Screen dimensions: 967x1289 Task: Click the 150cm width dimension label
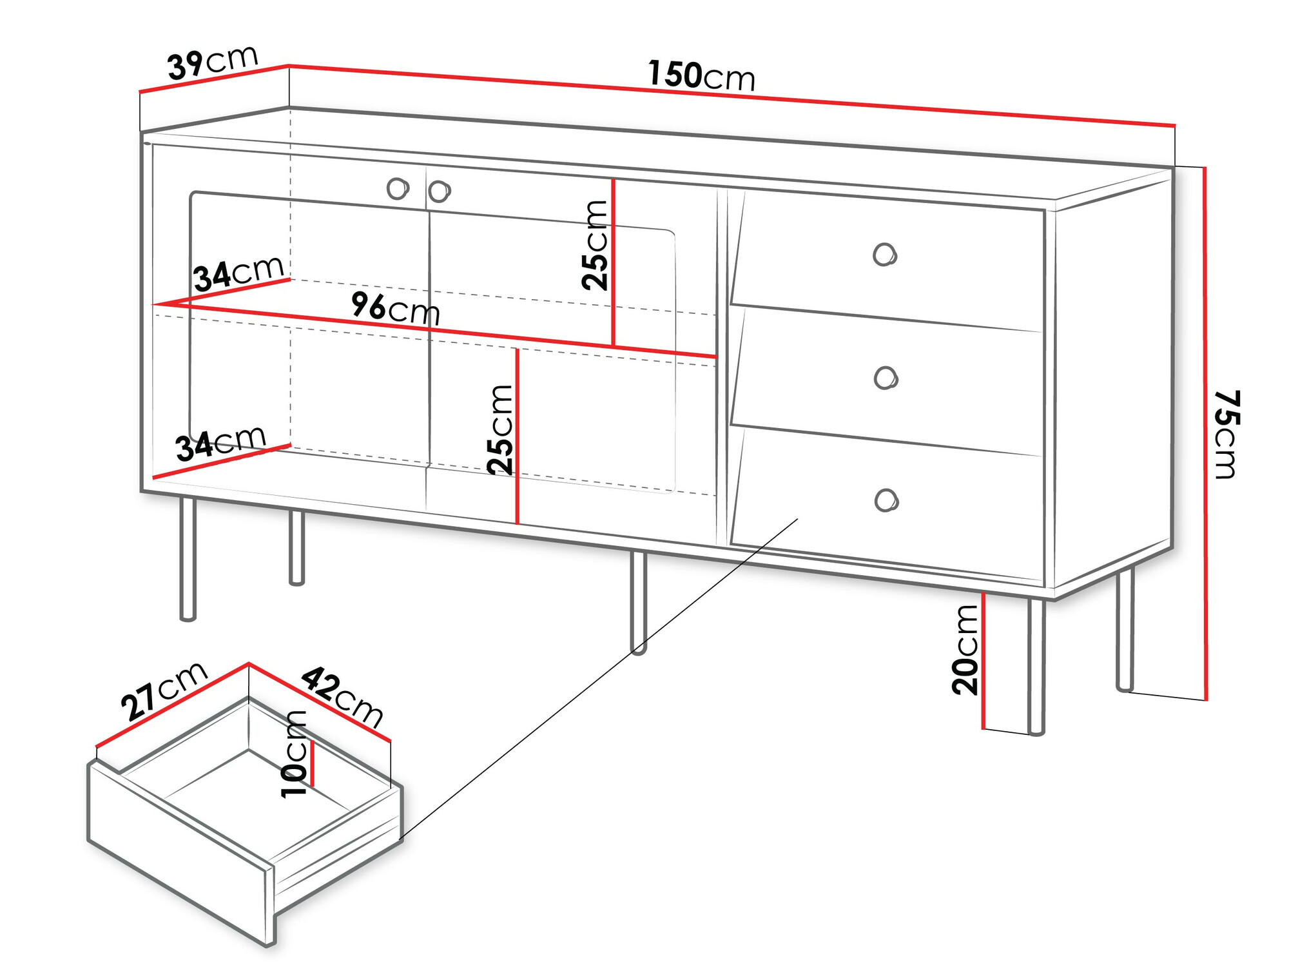point(701,75)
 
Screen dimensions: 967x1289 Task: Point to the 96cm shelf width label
point(396,308)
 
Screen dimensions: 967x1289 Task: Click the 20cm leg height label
point(965,649)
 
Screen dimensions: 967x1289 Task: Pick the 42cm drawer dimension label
point(342,697)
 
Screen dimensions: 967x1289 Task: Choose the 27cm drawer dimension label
point(164,690)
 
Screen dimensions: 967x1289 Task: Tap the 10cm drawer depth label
point(295,754)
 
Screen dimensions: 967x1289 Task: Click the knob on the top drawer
point(885,255)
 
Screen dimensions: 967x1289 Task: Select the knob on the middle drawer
point(886,378)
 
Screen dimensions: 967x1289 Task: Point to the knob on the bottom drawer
point(887,500)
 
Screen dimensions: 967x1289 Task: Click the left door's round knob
point(398,189)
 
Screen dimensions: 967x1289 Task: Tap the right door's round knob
point(440,191)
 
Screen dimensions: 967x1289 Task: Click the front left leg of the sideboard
point(188,558)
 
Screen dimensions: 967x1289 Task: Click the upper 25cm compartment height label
point(595,245)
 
